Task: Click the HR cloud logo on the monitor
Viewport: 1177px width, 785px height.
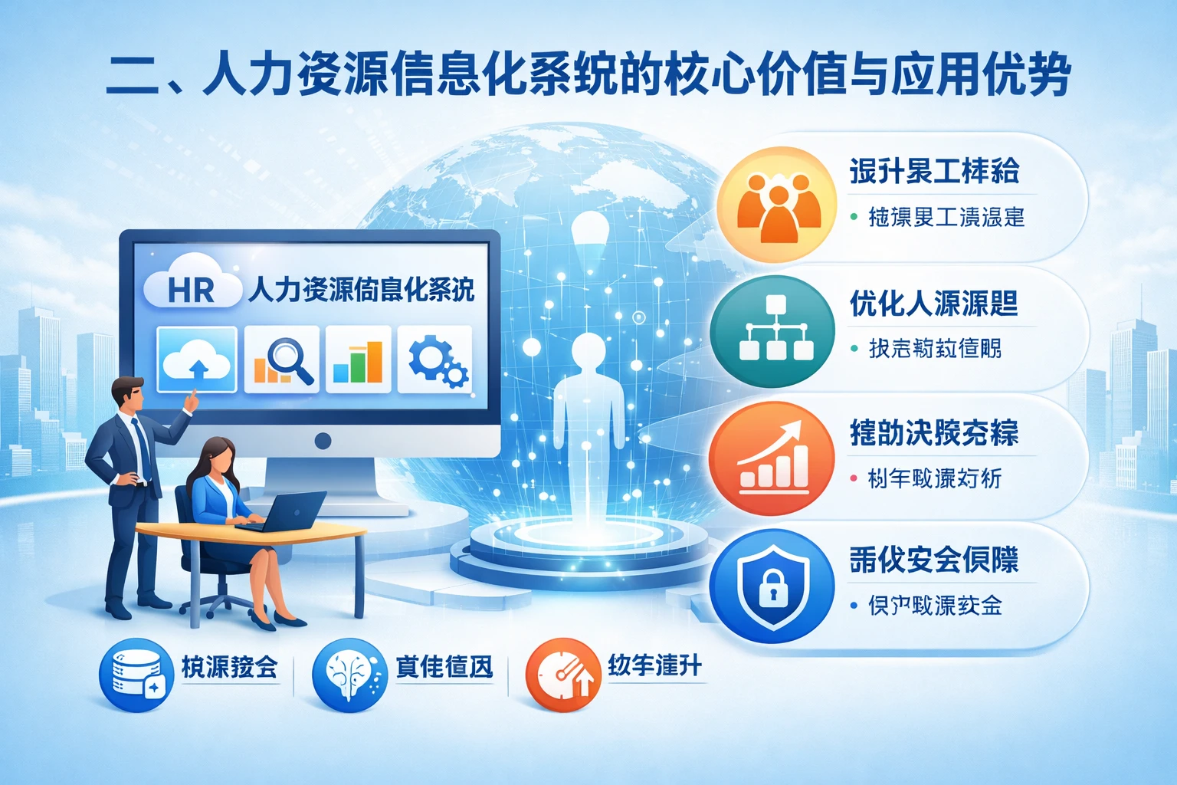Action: (192, 285)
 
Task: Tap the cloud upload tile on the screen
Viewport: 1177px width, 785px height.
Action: (197, 359)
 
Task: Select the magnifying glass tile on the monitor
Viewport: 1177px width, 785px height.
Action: (282, 359)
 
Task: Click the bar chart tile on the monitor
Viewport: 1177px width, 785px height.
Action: (358, 359)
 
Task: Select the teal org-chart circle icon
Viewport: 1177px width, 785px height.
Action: (772, 331)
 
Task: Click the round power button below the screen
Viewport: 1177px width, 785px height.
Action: (323, 441)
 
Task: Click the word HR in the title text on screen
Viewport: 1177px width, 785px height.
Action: (191, 291)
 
